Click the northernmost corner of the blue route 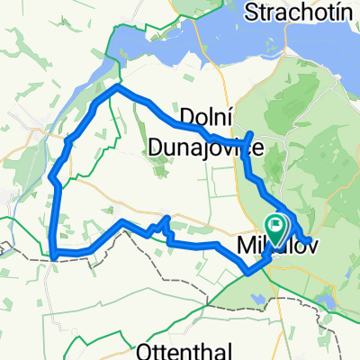pos(114,87)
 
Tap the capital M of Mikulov pos(245,245)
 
